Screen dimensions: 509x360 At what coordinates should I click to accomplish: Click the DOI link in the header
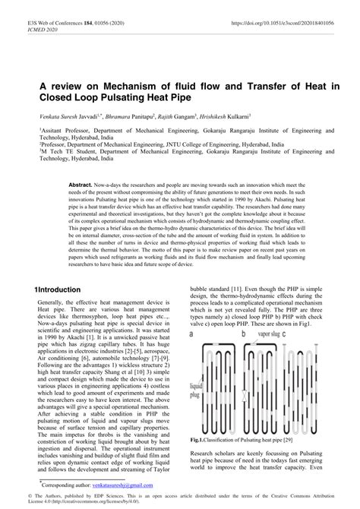coord(286,14)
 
